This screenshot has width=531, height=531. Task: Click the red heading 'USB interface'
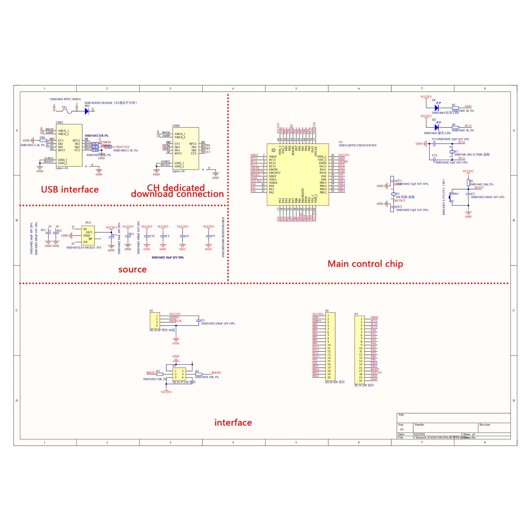(70, 190)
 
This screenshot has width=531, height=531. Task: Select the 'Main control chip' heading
(365, 264)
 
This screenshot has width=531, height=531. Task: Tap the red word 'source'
(132, 269)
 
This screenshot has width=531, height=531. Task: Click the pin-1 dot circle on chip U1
(273, 150)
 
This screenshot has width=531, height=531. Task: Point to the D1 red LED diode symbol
(437, 108)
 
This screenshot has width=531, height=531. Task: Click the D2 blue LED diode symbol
(437, 127)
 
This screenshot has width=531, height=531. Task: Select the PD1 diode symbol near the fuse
(87, 112)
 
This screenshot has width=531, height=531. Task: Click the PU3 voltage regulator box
(88, 236)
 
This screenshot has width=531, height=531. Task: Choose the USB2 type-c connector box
(69, 145)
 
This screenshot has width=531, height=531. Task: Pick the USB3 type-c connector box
(186, 148)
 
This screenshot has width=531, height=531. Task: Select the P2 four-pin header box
(155, 321)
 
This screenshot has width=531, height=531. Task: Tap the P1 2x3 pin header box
(179, 374)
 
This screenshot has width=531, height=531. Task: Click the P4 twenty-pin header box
(330, 346)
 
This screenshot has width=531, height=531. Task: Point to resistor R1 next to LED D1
(455, 108)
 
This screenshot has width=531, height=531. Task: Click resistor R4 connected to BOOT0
(199, 374)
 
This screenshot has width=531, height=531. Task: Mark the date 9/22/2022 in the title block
(419, 434)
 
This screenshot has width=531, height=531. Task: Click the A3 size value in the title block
(402, 429)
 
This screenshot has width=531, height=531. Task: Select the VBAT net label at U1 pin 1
(254, 155)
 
